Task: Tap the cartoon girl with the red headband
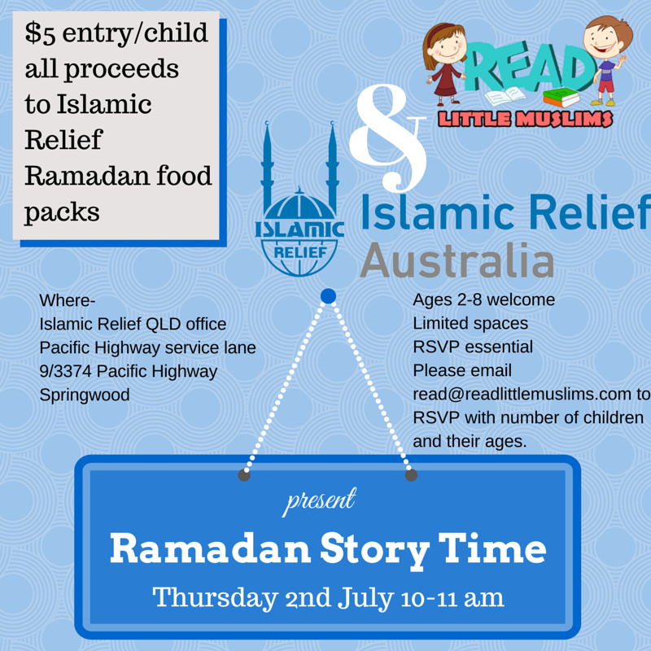tap(443, 64)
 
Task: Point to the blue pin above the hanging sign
tap(328, 296)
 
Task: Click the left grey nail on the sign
tap(244, 475)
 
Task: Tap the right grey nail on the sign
tap(411, 475)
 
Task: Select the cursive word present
tap(319, 500)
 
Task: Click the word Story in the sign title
tap(374, 550)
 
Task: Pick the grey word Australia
tap(457, 260)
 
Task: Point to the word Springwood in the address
tap(85, 395)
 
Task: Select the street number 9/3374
tap(65, 371)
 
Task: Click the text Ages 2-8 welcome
tap(483, 299)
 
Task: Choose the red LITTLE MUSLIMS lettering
tap(525, 119)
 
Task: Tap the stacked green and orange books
tap(561, 97)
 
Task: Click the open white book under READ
tap(505, 97)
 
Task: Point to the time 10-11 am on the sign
tap(452, 598)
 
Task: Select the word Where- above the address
tap(68, 300)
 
